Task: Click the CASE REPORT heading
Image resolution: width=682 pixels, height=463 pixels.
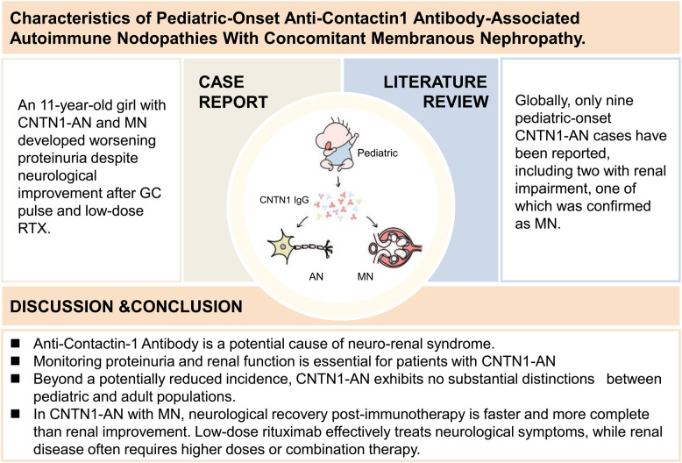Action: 233,92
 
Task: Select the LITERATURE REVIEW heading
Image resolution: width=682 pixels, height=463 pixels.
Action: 436,92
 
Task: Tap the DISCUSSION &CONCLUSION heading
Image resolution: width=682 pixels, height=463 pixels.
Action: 126,306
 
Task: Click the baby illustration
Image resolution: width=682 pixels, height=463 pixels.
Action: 337,144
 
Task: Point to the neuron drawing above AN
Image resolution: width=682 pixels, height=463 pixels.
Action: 300,246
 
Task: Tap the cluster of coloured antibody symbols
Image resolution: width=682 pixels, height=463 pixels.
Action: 338,205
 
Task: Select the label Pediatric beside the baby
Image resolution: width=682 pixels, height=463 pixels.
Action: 378,153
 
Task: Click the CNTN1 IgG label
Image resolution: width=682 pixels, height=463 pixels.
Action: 284,200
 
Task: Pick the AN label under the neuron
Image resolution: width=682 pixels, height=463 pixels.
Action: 316,276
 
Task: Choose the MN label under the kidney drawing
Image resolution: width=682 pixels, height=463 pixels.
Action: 366,276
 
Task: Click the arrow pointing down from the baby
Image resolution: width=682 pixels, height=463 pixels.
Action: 338,181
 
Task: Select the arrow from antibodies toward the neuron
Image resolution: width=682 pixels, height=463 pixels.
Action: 302,222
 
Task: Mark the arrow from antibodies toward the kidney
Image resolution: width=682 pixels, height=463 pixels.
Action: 372,222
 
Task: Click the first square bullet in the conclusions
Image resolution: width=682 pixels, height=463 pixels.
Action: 16,344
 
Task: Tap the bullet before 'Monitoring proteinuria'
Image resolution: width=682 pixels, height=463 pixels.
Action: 16,360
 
